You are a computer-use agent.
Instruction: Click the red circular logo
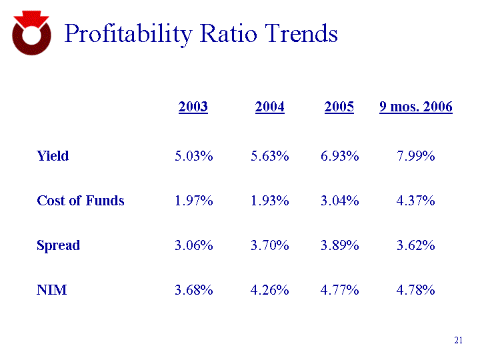pyautogui.click(x=31, y=34)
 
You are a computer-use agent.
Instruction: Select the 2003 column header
pyautogui.click(x=193, y=107)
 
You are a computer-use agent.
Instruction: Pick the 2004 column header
pyautogui.click(x=270, y=107)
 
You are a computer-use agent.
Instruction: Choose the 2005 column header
pyautogui.click(x=339, y=107)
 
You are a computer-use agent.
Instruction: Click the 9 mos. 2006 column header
pyautogui.click(x=416, y=107)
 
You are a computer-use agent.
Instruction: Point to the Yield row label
pyautogui.click(x=53, y=156)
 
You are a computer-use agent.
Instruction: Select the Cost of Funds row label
pyautogui.click(x=80, y=200)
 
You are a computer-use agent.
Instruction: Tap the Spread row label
pyautogui.click(x=58, y=245)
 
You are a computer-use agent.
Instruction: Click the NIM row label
pyautogui.click(x=51, y=289)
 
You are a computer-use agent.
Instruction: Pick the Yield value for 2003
pyautogui.click(x=194, y=156)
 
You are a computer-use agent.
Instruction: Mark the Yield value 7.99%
pyautogui.click(x=416, y=156)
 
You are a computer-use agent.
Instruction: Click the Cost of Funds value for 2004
pyautogui.click(x=270, y=200)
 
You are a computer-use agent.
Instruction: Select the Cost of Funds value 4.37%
pyautogui.click(x=416, y=200)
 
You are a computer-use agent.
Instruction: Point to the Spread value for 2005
pyautogui.click(x=340, y=245)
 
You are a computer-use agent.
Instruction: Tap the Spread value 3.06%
pyautogui.click(x=194, y=245)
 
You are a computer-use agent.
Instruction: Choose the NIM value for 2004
pyautogui.click(x=270, y=289)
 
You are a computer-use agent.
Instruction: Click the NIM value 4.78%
pyautogui.click(x=416, y=289)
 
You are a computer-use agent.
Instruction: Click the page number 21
pyautogui.click(x=458, y=341)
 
